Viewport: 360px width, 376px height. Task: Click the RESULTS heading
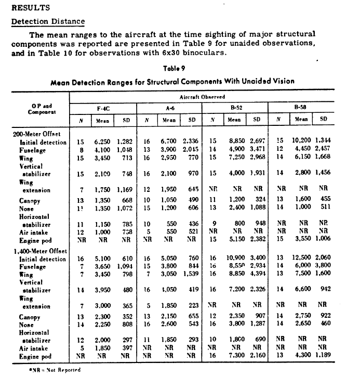pyautogui.click(x=30, y=8)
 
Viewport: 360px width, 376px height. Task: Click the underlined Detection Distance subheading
pyautogui.click(x=48, y=22)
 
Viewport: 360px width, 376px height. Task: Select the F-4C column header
pyautogui.click(x=102, y=108)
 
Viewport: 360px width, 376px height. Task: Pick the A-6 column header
pyautogui.click(x=169, y=108)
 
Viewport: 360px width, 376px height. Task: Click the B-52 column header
pyautogui.click(x=235, y=108)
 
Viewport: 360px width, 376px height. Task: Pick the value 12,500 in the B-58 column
pyautogui.click(x=300, y=258)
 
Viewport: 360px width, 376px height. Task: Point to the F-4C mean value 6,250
pyautogui.click(x=100, y=141)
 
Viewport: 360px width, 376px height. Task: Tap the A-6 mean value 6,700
pyautogui.click(x=167, y=141)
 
